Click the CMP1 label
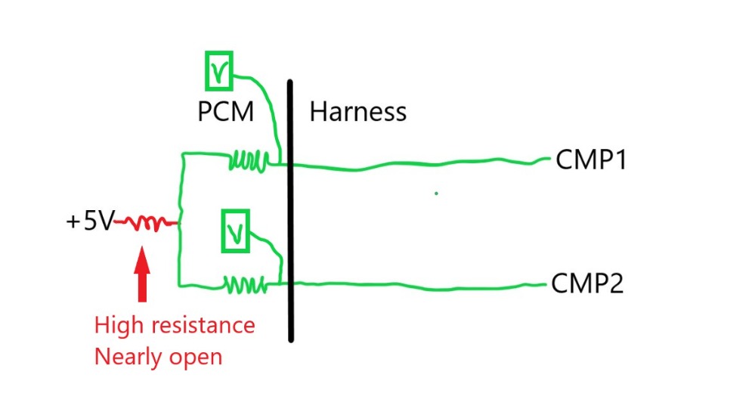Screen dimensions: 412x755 [x=591, y=160]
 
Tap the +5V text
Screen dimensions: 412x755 [x=90, y=222]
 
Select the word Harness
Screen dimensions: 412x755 [x=357, y=113]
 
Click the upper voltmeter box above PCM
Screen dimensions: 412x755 [x=219, y=71]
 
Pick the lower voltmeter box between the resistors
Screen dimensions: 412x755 [x=235, y=231]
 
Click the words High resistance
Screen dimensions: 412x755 [x=174, y=325]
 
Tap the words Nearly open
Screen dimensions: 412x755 [x=158, y=355]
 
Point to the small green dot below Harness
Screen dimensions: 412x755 [x=436, y=194]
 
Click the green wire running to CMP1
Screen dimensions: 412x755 [x=416, y=164]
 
